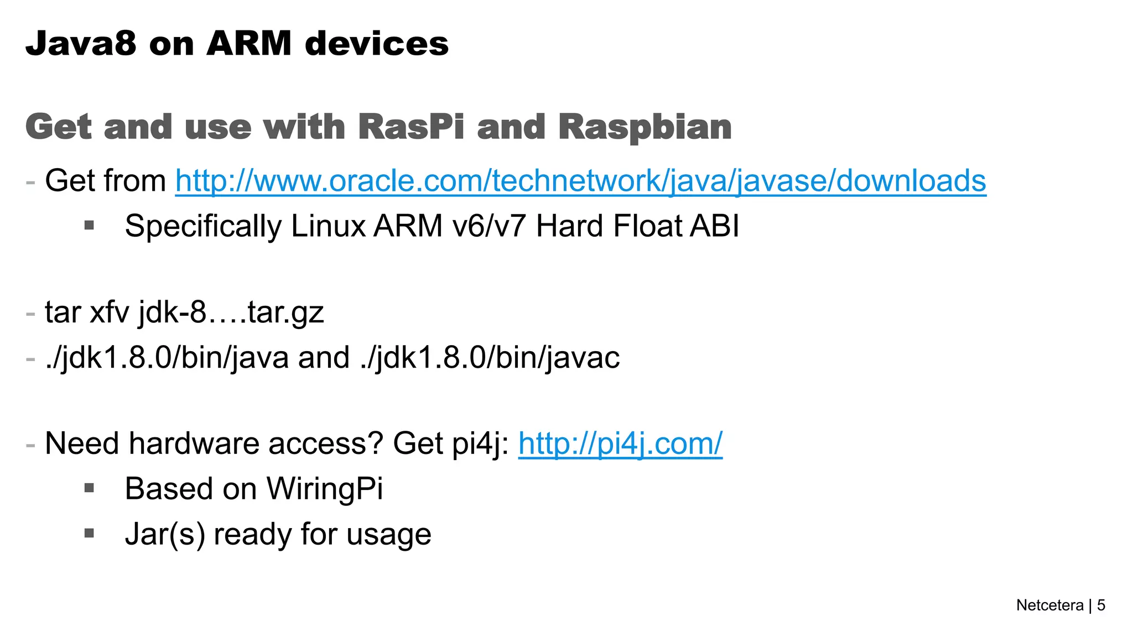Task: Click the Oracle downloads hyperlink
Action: tap(580, 181)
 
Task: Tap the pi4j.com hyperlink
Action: tap(620, 444)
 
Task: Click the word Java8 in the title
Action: tap(81, 43)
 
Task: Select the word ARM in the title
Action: tap(249, 43)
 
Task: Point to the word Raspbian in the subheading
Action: tap(645, 127)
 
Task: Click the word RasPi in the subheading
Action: tap(411, 127)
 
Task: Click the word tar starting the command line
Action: tap(63, 312)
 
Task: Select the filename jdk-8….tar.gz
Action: tap(231, 313)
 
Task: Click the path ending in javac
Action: tap(490, 358)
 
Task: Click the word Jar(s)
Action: tap(165, 535)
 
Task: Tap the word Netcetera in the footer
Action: tap(1049, 605)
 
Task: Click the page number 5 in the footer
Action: tap(1101, 605)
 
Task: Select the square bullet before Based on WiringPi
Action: tap(89, 488)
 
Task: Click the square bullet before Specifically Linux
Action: tap(89, 225)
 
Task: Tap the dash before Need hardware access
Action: tap(30, 444)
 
